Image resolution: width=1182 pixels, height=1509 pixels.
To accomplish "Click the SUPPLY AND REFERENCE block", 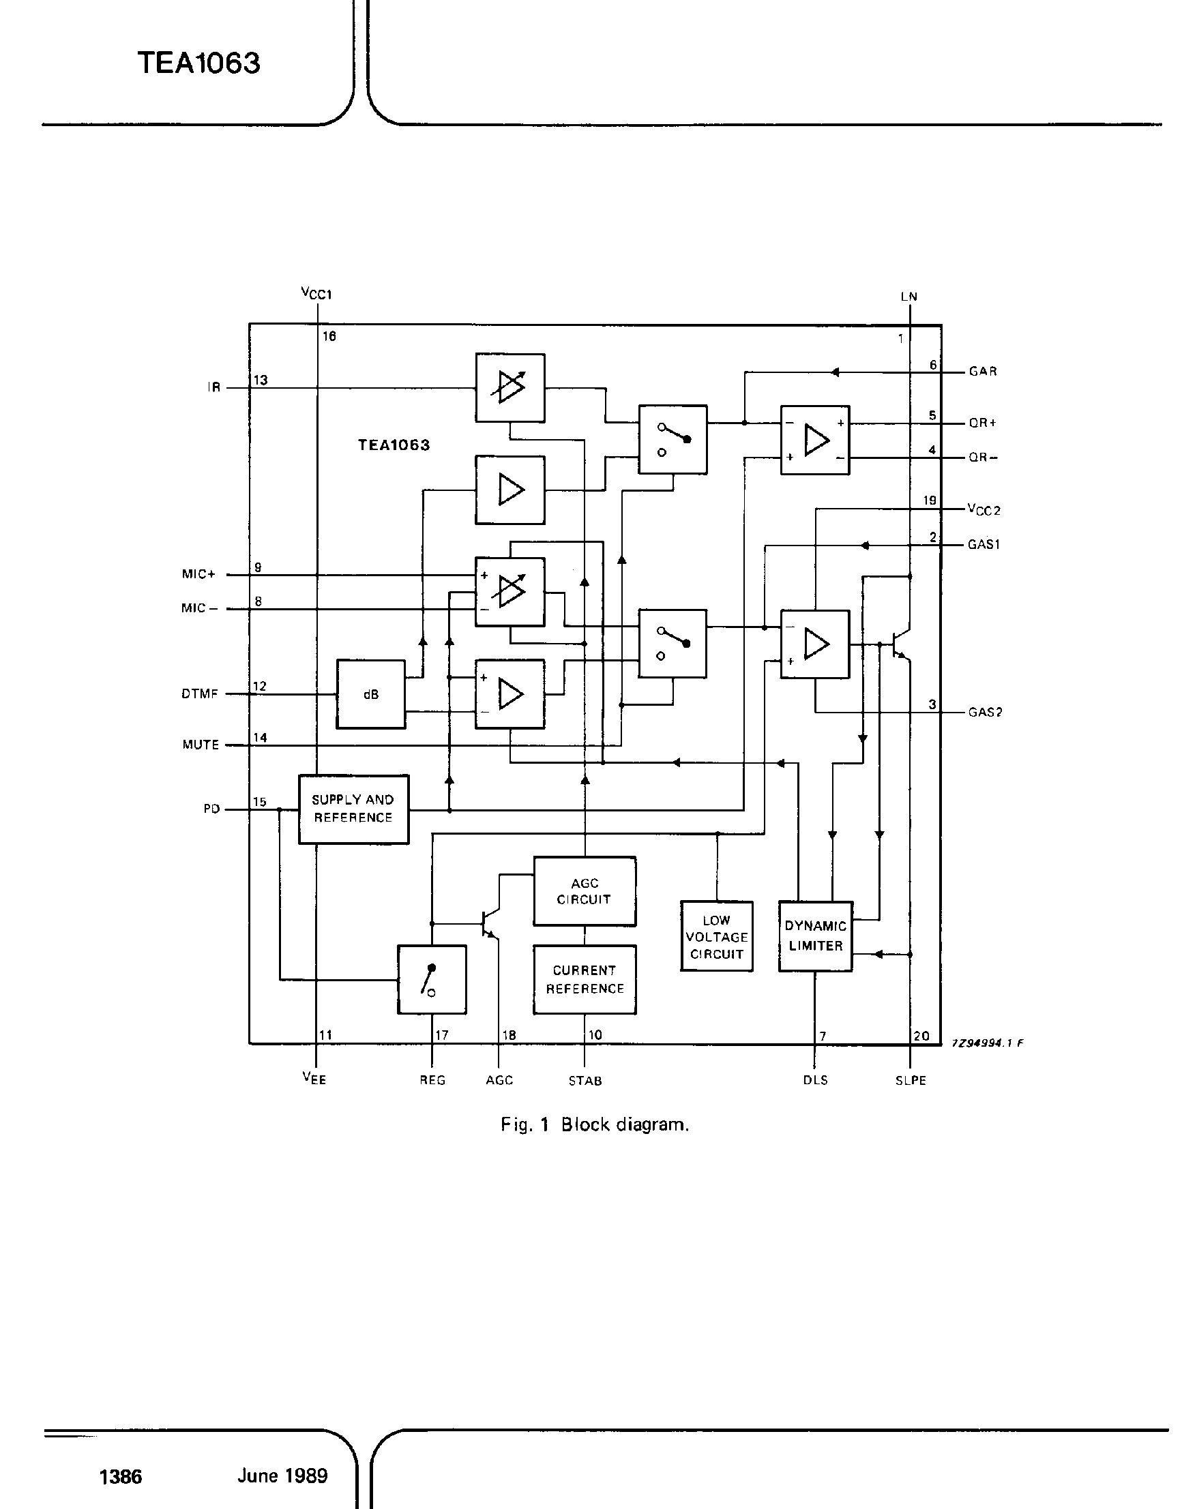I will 353,808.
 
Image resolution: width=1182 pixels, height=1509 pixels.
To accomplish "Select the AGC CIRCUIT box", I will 584,891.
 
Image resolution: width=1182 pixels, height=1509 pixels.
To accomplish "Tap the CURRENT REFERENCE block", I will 584,979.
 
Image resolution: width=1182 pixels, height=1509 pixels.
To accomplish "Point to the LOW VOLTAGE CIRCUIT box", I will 716,936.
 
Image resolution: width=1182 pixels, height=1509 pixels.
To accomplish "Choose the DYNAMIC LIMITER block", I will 815,936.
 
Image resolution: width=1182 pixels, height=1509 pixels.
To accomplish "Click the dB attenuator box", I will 371,694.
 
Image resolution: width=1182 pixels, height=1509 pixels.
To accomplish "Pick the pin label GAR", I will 983,372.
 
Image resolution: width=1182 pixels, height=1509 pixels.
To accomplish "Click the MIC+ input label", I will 198,574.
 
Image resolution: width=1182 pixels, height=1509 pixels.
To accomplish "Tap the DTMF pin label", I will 200,694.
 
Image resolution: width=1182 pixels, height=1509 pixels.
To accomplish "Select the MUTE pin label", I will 201,745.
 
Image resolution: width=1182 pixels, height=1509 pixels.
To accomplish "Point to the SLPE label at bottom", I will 911,1081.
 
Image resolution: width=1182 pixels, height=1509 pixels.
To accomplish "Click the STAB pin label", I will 585,1081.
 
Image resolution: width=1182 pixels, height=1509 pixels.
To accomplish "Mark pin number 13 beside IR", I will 261,380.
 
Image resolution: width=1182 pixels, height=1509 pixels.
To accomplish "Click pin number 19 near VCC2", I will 930,500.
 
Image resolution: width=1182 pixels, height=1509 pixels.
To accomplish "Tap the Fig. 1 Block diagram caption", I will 595,1124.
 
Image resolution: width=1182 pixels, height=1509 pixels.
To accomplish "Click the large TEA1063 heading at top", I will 199,63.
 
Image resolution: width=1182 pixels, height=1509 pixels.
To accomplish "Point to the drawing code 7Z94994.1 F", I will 988,1043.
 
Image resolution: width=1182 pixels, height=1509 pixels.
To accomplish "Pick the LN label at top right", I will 908,297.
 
